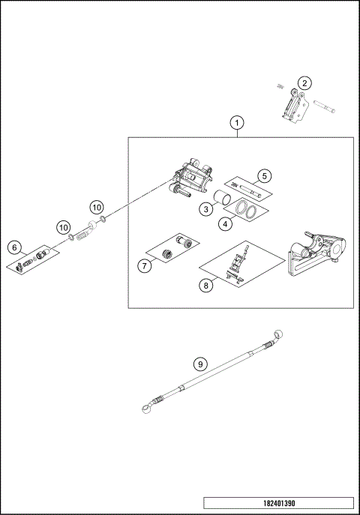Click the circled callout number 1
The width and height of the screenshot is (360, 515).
(x=237, y=121)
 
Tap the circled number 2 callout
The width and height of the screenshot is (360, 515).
(x=304, y=82)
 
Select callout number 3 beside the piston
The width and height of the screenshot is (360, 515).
(x=205, y=211)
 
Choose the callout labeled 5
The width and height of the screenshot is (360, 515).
(x=263, y=177)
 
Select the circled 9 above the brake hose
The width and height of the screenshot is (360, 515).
(x=199, y=364)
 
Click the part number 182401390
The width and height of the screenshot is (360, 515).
(x=277, y=503)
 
